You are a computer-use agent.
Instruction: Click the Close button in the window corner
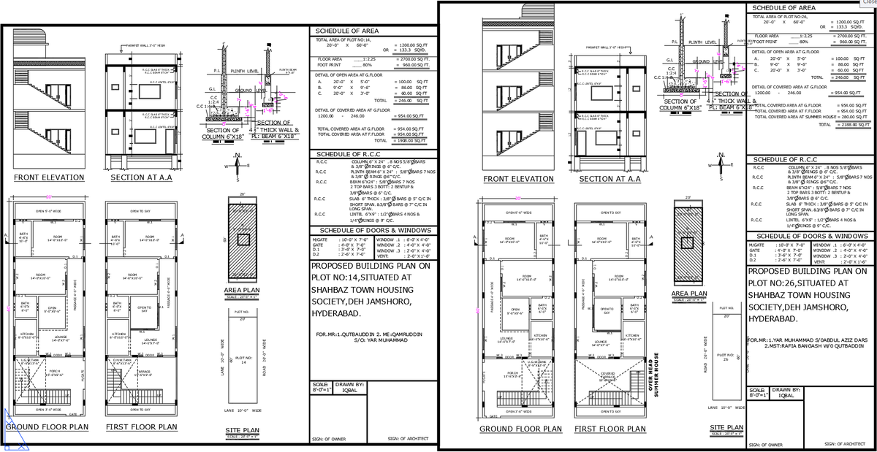pos(868,3)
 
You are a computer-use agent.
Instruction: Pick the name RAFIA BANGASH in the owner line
pos(801,347)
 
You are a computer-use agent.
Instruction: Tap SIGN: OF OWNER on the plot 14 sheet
pos(327,438)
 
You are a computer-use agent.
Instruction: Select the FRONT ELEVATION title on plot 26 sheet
pos(518,179)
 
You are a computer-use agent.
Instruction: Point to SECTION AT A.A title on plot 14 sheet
pos(140,177)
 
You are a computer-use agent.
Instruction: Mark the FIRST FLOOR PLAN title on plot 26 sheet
pos(611,429)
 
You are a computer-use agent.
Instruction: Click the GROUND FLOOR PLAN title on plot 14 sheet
pos(48,426)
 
